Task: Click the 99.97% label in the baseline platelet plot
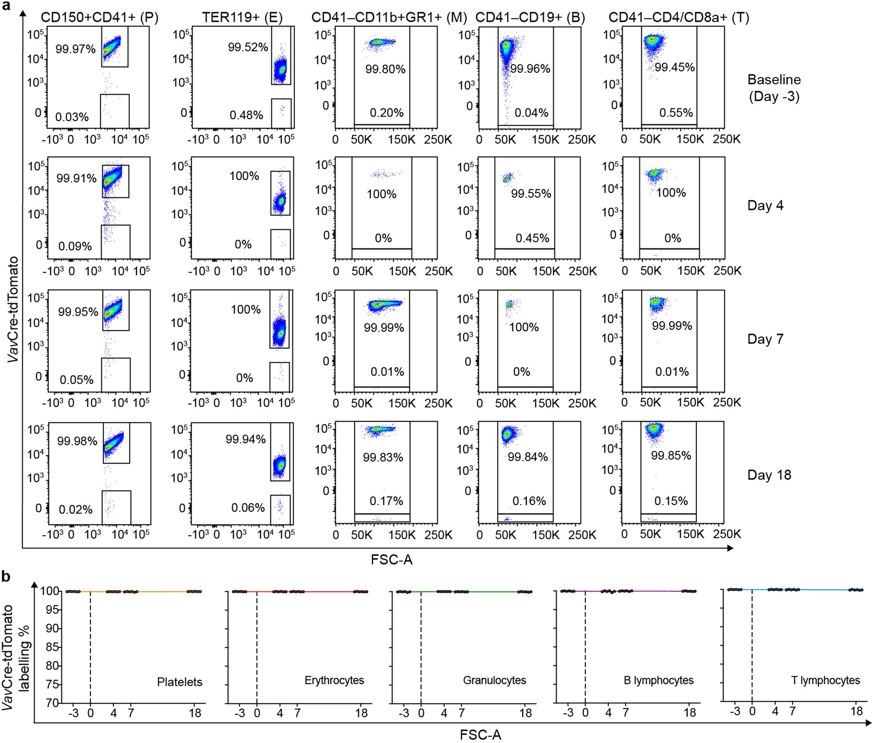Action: (x=75, y=49)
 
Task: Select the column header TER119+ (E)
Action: (x=242, y=18)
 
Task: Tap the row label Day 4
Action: (x=765, y=206)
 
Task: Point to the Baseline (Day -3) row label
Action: (x=774, y=88)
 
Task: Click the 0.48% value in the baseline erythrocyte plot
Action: (x=246, y=115)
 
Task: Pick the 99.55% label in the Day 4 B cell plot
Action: (x=531, y=194)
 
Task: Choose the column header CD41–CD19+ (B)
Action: (x=530, y=18)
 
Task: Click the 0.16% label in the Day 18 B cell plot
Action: (x=529, y=501)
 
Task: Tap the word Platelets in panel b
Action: (x=179, y=682)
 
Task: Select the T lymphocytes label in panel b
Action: (x=825, y=680)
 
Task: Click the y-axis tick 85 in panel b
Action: (x=52, y=647)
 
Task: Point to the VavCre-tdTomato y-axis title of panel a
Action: (x=13, y=309)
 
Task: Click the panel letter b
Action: (x=6, y=576)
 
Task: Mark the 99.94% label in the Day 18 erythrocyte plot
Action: (x=246, y=439)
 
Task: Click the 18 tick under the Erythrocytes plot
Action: (x=361, y=713)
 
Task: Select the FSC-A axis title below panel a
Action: (x=391, y=560)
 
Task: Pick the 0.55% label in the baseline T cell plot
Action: (x=676, y=113)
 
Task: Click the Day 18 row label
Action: (x=769, y=475)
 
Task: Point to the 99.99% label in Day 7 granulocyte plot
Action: (x=384, y=328)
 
